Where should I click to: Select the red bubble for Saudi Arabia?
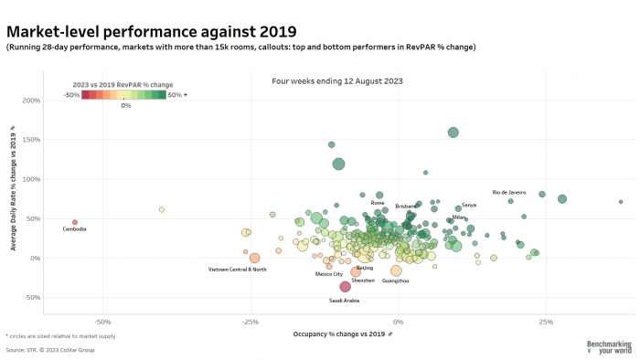coord(346,287)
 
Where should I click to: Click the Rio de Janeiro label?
coord(509,193)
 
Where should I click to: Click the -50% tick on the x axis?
coord(102,323)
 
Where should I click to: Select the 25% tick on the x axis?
coord(546,323)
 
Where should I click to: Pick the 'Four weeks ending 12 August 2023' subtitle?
coord(337,81)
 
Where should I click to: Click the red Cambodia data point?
coord(75,221)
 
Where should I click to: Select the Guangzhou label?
coord(395,281)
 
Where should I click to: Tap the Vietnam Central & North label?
coord(238,270)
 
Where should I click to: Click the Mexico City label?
coord(329,273)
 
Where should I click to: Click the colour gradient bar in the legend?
coord(123,93)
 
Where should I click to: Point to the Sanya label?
coord(469,206)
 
